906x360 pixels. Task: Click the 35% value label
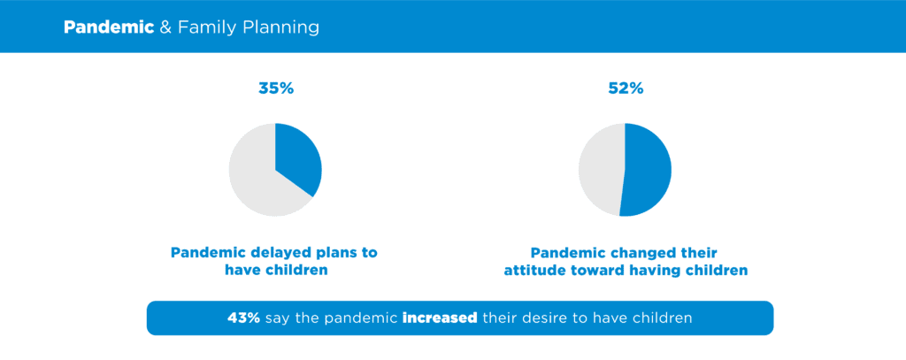(x=274, y=88)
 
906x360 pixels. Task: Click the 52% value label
(x=625, y=88)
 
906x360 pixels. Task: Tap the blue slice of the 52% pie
(x=648, y=170)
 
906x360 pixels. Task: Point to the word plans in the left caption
(x=335, y=253)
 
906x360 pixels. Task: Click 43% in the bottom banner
(x=243, y=318)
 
